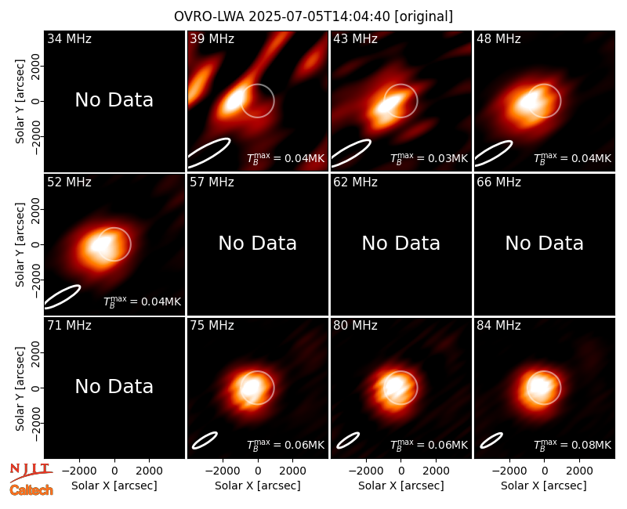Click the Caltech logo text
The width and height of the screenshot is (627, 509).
click(31, 490)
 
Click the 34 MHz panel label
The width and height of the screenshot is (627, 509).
click(69, 38)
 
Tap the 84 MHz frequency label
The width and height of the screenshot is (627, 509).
click(498, 326)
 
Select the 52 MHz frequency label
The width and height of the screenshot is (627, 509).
click(69, 182)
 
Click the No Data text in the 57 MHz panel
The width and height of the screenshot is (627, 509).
click(258, 243)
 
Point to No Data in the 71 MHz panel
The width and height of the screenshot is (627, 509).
click(114, 386)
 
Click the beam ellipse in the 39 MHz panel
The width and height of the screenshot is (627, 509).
click(208, 153)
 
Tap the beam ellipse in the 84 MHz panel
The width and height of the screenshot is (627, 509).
click(491, 440)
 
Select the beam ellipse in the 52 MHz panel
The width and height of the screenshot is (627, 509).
click(63, 297)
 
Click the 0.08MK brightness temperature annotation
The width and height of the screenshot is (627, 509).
click(572, 445)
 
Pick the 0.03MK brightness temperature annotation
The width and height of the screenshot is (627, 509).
click(429, 158)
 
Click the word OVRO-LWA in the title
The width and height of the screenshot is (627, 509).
click(209, 16)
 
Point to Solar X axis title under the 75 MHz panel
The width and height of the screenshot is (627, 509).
click(258, 486)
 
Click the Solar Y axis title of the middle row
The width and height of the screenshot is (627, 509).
click(20, 244)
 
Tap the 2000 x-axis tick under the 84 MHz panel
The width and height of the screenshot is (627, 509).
click(579, 471)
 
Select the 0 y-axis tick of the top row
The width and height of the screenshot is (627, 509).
click(36, 101)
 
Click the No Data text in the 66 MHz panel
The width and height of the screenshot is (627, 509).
click(544, 243)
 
